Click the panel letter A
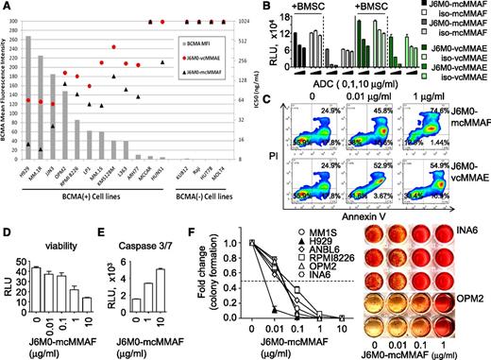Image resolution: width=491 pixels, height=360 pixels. (7, 8)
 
